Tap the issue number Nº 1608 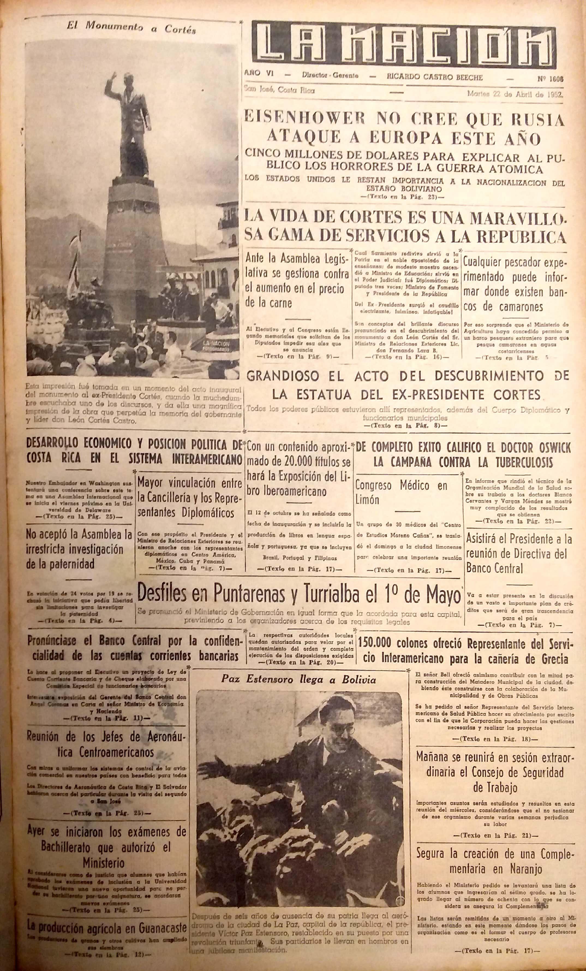coord(550,78)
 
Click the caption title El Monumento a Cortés coord(131,29)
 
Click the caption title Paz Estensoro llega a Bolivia coord(298,679)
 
